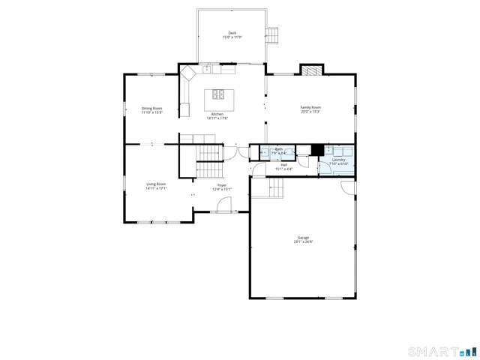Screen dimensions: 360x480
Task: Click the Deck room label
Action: point(232,33)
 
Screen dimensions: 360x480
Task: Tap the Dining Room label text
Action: point(152,108)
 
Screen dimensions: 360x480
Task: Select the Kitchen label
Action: point(217,114)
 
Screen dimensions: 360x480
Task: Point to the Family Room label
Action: point(310,108)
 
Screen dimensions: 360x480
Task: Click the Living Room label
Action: point(156,184)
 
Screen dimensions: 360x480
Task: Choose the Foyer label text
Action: point(222,184)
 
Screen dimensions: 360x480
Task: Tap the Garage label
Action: point(303,238)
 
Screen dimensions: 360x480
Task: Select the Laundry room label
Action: point(338,159)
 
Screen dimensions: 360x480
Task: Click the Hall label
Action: point(283,164)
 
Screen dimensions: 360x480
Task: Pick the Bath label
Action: point(279,149)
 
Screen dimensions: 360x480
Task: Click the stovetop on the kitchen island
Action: point(218,94)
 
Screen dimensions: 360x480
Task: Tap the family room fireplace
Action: point(310,70)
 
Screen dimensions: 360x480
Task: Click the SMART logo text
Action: point(433,351)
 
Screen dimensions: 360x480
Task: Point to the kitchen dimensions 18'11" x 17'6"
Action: point(217,118)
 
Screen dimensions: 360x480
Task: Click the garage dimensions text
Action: point(303,242)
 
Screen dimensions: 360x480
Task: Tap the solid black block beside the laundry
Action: point(317,149)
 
